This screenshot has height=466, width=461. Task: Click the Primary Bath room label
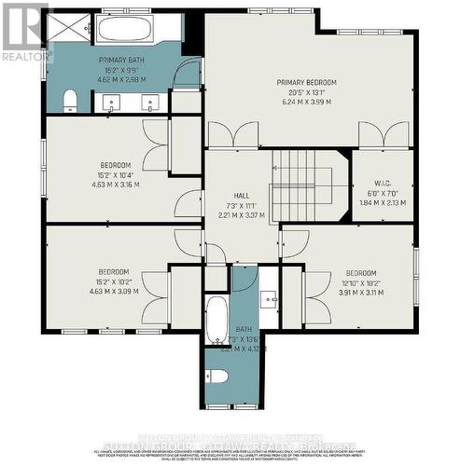coord(120,60)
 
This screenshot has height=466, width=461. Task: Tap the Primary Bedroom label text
coord(305,83)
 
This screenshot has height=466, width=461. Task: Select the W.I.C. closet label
coord(383,184)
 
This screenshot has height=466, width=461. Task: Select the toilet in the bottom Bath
coord(217,377)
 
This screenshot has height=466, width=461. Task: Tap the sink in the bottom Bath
coord(268,299)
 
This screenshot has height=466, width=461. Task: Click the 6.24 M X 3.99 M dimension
coord(305,102)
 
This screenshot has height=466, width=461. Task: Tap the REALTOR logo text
coord(27,57)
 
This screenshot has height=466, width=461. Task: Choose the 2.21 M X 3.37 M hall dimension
coord(241,215)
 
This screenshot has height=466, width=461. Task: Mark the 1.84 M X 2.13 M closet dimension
coord(383,202)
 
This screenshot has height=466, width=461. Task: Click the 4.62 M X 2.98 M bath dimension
coord(120,80)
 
